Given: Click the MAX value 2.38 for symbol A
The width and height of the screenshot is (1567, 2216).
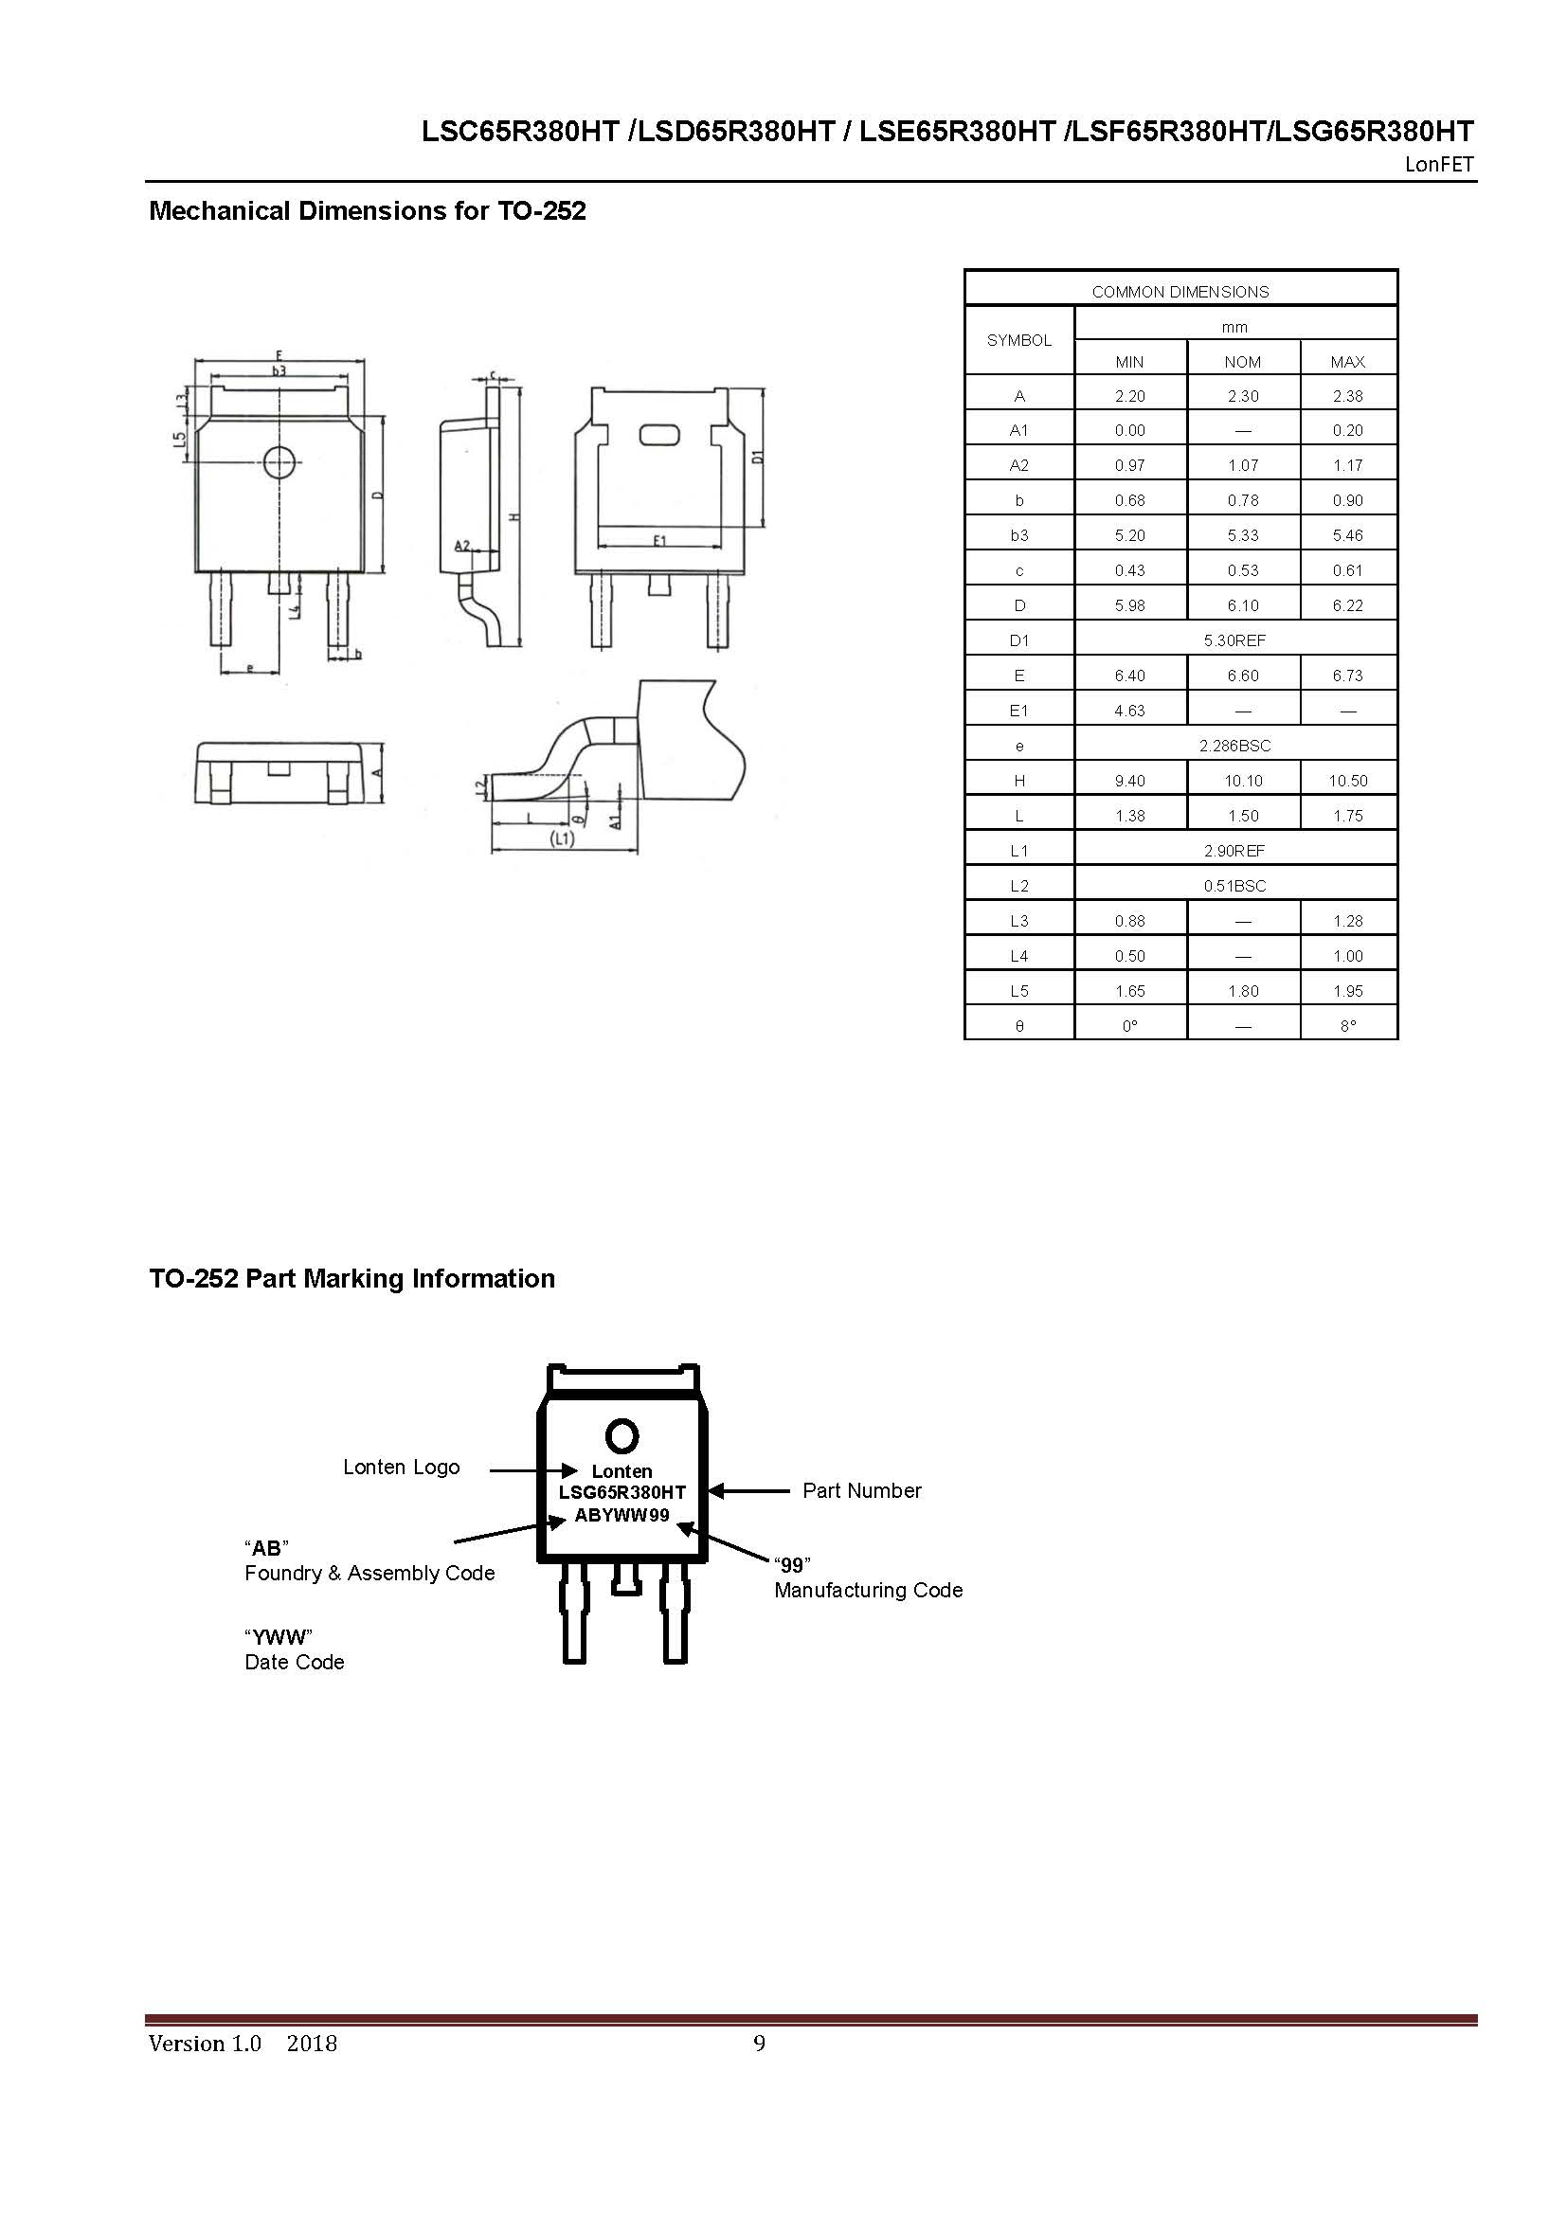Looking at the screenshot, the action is (x=1347, y=396).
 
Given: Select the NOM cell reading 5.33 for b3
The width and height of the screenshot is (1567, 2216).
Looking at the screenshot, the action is (x=1243, y=535).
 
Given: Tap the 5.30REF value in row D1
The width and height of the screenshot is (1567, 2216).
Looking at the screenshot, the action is (x=1234, y=640).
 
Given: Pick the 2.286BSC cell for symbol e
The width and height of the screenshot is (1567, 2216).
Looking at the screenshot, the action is (x=1234, y=746).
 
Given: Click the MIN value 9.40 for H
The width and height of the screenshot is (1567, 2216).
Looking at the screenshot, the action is (x=1129, y=781).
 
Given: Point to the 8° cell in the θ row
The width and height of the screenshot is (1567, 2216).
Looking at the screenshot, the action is (x=1347, y=1026).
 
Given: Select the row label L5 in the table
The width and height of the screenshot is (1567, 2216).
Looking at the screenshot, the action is (x=1019, y=991).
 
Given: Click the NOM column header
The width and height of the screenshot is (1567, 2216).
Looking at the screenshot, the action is (x=1242, y=362).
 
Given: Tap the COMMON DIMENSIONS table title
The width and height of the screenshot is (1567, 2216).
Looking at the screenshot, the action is (x=1180, y=292).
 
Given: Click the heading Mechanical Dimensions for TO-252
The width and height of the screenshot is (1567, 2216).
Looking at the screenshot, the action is (x=367, y=210).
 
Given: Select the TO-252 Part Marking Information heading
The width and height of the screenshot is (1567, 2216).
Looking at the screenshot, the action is (x=351, y=1279).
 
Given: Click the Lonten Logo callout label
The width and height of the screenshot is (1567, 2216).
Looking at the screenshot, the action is (x=402, y=1467).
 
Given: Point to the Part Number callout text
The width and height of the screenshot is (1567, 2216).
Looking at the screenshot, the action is (x=861, y=1490).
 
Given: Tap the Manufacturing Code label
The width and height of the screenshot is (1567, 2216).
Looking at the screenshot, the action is (x=869, y=1590).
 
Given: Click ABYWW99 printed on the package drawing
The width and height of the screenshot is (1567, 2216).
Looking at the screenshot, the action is (x=621, y=1515).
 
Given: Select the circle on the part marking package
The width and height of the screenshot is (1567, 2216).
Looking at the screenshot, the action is (x=621, y=1437).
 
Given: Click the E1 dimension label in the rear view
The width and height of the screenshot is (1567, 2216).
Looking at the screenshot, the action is (x=660, y=542).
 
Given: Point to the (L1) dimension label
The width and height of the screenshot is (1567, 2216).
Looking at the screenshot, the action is (x=562, y=839).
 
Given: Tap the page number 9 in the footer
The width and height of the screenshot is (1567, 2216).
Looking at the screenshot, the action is (x=760, y=2044).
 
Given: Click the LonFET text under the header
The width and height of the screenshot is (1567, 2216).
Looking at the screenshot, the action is (x=1440, y=165).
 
